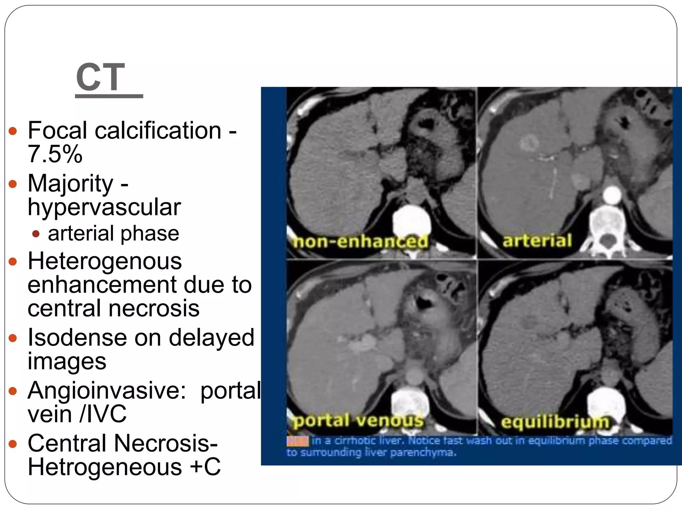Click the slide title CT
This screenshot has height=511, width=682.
pos(100,77)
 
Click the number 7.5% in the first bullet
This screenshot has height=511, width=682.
pos(55,154)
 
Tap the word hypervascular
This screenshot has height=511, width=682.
pos(104,207)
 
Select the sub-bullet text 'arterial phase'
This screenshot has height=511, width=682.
pos(114,233)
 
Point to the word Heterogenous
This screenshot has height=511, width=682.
pos(105,261)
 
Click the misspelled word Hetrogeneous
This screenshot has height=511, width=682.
pos(105,467)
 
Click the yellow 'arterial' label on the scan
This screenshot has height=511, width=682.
pos(537,241)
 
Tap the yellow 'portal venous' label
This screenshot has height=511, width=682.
pos(358,421)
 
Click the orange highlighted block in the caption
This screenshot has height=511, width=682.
pos(297,441)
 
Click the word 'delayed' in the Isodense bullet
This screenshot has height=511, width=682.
pos(211,337)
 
